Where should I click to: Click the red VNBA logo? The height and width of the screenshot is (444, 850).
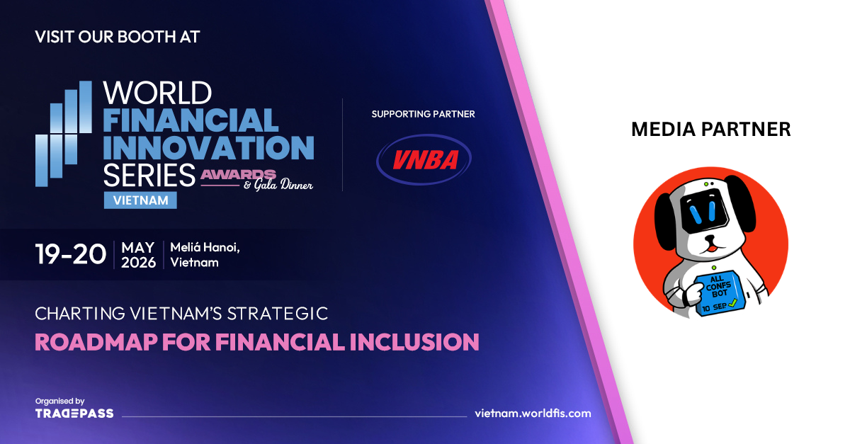point(424,159)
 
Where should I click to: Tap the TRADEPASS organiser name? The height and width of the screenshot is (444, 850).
point(74,414)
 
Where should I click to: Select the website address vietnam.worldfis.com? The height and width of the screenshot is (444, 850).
point(533,414)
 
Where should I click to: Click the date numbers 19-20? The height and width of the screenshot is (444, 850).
point(71,254)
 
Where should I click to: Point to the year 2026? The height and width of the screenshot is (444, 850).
point(139,263)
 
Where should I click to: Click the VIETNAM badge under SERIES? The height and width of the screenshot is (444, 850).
point(140,200)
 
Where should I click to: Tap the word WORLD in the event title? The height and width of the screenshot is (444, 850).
point(157,93)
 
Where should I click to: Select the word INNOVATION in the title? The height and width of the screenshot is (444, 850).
point(209,147)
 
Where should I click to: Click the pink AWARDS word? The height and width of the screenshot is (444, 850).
point(238,175)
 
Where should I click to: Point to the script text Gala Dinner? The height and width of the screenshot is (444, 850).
point(283,185)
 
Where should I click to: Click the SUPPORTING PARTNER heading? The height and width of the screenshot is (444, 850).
point(423,114)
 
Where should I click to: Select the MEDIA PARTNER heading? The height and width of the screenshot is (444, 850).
point(711,130)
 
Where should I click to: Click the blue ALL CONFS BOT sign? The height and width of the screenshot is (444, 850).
point(718,293)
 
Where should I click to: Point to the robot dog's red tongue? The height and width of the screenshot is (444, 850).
point(711,249)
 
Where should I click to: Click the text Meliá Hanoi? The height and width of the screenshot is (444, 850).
point(205,247)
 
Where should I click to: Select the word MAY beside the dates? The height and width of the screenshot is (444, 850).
point(137,248)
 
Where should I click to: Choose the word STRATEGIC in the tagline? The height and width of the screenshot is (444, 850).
point(278,314)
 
